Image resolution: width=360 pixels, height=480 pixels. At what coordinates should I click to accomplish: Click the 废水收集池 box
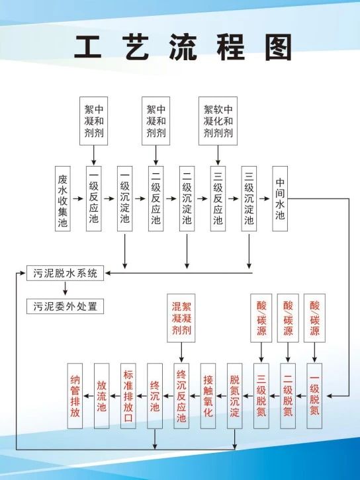point(63,198)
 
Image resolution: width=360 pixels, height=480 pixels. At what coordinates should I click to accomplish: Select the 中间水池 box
point(280,198)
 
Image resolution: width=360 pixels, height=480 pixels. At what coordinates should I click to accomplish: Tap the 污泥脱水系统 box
point(65,273)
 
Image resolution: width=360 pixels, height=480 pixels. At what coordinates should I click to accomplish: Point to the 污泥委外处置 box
point(65,306)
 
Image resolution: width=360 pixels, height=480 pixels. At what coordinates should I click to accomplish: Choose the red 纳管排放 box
point(75,396)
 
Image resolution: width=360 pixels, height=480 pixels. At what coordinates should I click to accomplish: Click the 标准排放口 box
point(128,396)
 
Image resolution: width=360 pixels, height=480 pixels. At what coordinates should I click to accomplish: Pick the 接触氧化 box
point(208,396)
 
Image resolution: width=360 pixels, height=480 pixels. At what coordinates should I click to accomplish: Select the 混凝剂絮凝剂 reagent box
point(181,318)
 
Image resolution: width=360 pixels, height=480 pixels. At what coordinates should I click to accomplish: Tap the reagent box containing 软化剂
point(218,121)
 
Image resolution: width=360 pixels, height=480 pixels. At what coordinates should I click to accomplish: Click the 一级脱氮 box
point(314,396)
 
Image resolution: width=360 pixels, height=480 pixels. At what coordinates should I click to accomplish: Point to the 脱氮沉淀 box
point(235,396)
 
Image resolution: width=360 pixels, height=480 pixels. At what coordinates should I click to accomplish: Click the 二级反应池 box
point(156,198)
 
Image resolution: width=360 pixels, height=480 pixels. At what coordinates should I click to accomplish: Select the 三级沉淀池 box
point(249,198)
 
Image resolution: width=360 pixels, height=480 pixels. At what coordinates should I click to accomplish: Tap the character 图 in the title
point(278,48)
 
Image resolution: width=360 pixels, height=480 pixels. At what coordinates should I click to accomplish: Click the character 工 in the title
point(88,47)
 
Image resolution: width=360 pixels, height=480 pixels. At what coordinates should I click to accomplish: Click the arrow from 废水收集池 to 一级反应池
point(78,198)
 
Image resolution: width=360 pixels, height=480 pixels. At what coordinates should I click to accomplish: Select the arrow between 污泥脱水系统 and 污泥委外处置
point(65,289)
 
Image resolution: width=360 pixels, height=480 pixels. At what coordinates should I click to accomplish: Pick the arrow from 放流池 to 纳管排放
point(89,396)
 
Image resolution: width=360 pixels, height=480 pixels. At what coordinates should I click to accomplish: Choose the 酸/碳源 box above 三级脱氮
point(261,318)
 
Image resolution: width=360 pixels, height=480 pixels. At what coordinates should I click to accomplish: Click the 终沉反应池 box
point(181,396)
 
